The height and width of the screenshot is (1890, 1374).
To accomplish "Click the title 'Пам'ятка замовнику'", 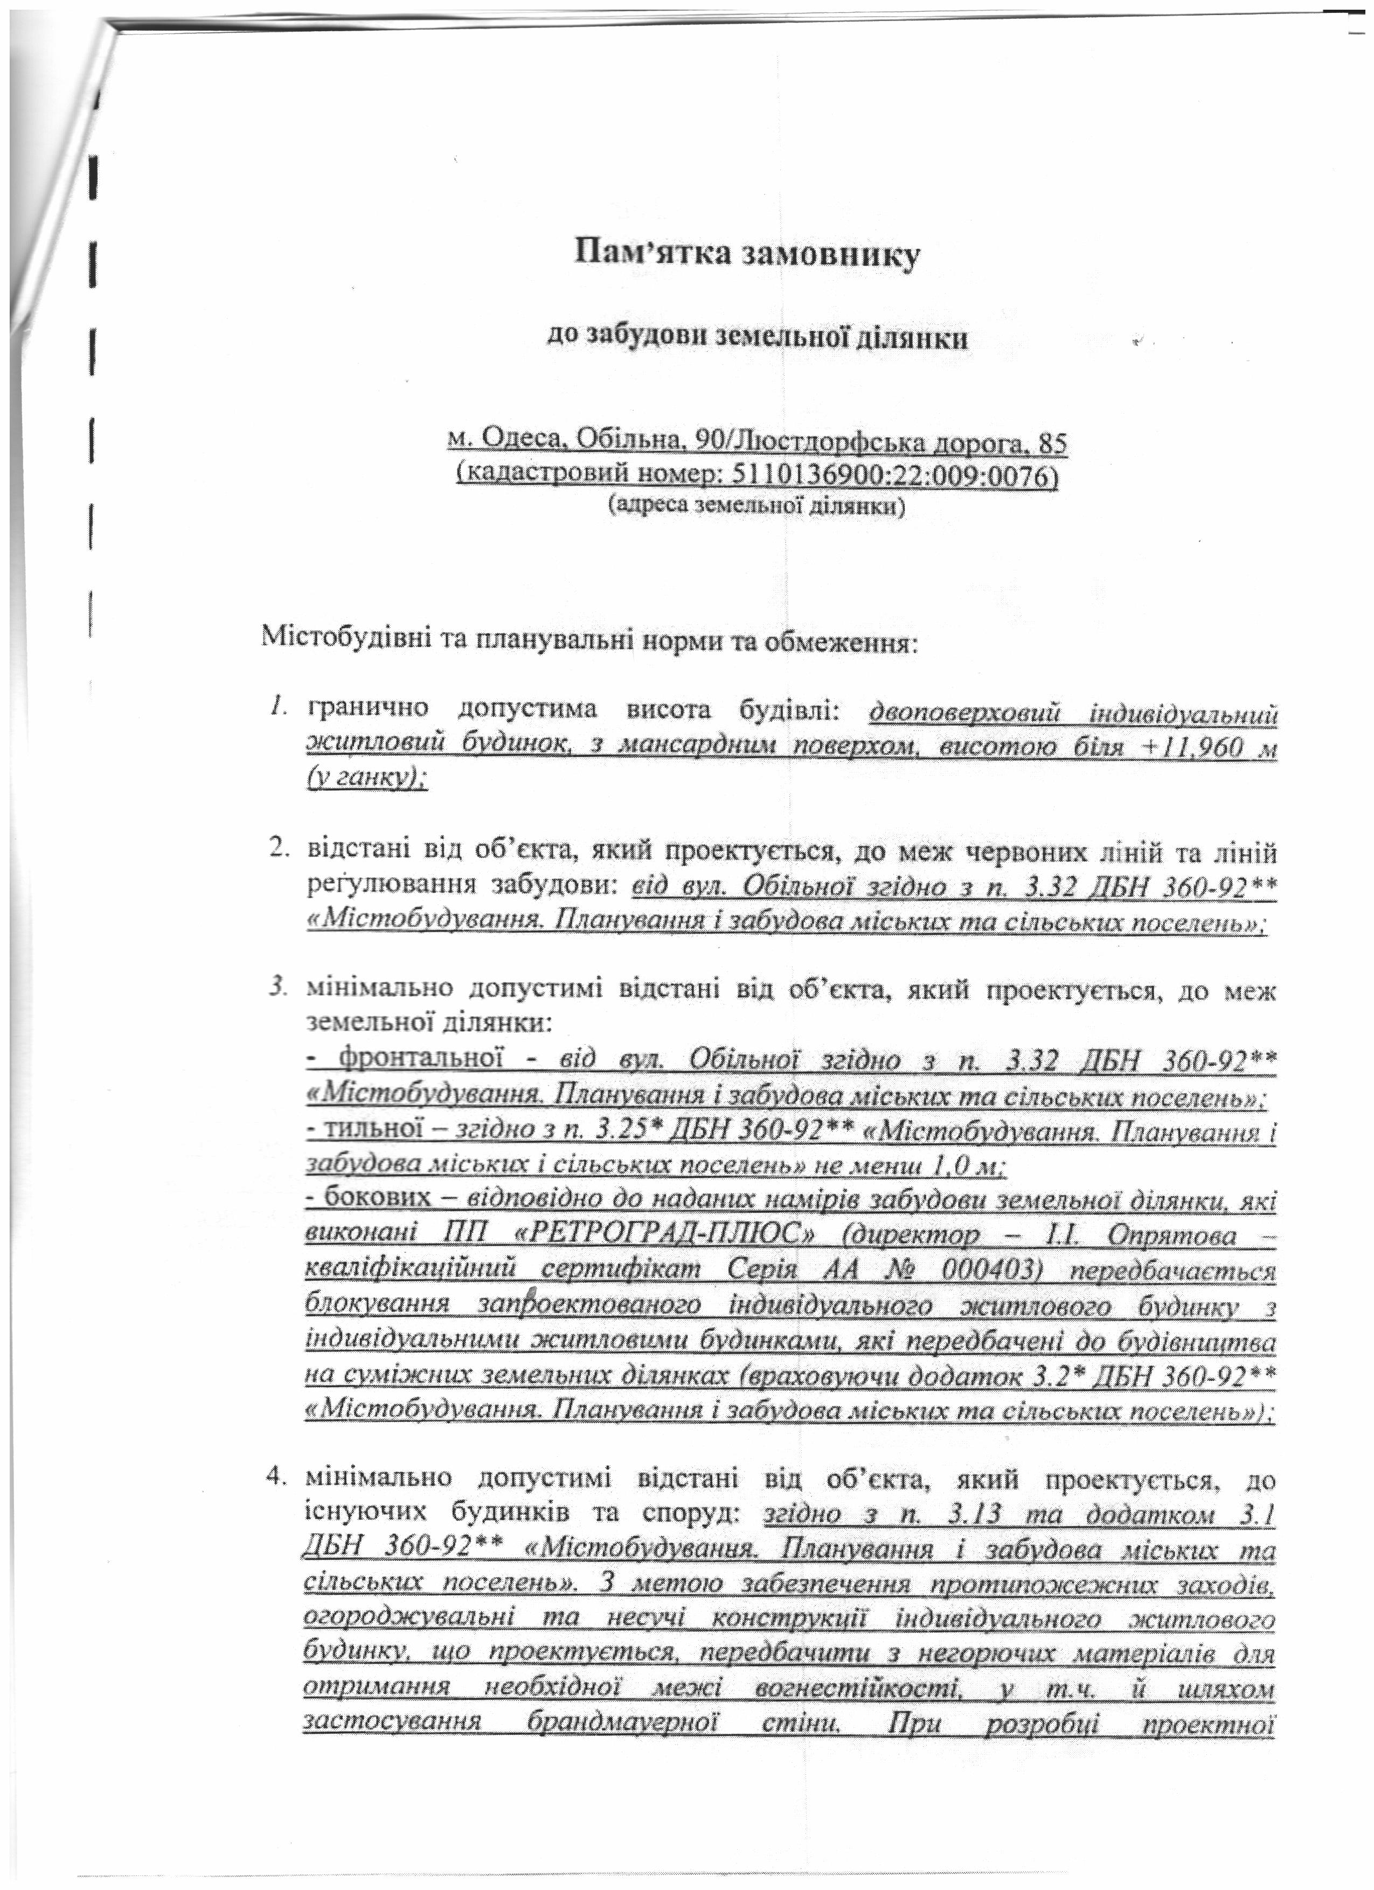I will (x=747, y=254).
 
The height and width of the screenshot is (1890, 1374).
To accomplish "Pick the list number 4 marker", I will (x=277, y=1479).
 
